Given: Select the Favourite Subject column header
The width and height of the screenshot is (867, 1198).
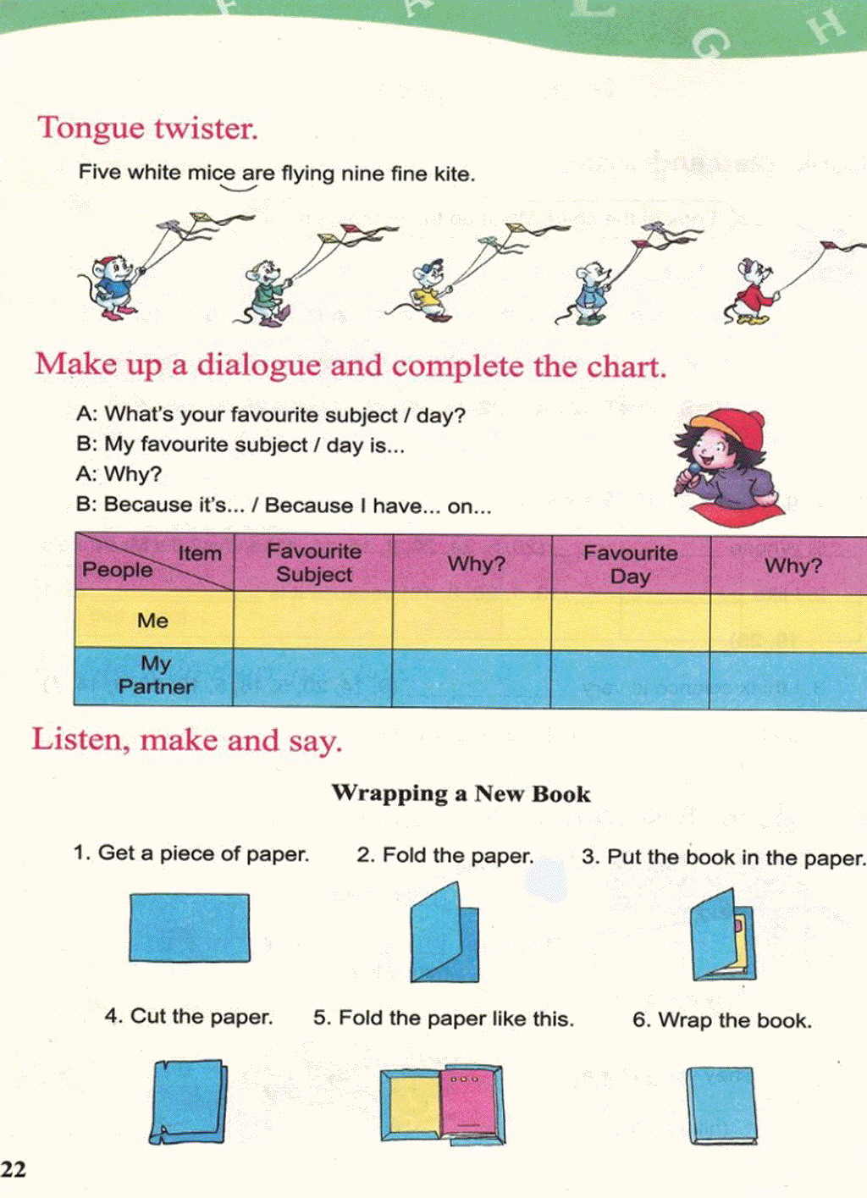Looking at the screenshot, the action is click(x=314, y=563).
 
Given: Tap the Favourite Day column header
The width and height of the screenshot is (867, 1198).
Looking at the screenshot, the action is click(x=631, y=564).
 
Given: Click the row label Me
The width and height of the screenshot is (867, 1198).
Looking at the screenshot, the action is click(x=152, y=621).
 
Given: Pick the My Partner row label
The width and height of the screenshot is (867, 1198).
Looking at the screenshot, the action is click(x=156, y=675).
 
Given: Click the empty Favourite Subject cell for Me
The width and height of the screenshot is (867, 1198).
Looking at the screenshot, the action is click(x=313, y=620).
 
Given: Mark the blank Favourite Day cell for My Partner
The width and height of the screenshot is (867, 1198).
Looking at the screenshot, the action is click(x=630, y=679).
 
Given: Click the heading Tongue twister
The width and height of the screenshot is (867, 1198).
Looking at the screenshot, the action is click(x=147, y=129).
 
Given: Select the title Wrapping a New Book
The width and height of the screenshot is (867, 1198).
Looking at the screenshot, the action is click(x=461, y=793).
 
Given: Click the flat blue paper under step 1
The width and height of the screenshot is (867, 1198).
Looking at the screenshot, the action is click(x=190, y=927).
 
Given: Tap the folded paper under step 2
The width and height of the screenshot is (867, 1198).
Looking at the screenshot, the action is click(x=445, y=932).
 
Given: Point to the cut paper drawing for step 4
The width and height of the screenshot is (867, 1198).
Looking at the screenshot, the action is click(x=188, y=1101).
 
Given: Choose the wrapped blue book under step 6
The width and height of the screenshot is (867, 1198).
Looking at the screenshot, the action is click(x=721, y=1105).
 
